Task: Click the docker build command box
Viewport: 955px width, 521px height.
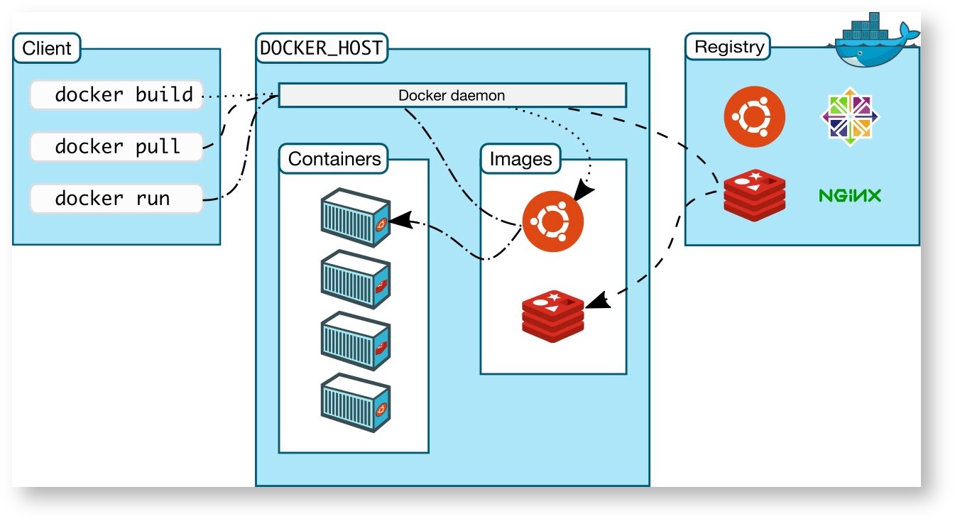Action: (116, 95)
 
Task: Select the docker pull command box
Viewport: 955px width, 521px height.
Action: (116, 146)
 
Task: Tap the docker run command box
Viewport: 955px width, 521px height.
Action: (116, 198)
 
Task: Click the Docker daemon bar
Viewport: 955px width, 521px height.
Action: (452, 95)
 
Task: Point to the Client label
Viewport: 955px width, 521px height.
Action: (47, 49)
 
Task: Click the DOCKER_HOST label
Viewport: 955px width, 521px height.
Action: (321, 48)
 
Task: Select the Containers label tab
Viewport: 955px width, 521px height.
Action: (334, 159)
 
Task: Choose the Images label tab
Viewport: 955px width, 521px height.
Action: (520, 159)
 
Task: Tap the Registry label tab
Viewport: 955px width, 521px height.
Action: (729, 48)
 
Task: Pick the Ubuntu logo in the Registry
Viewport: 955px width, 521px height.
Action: (755, 116)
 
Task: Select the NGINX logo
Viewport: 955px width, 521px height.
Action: (849, 195)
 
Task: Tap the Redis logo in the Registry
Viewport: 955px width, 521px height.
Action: (755, 192)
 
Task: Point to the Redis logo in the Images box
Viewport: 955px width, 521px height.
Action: (552, 315)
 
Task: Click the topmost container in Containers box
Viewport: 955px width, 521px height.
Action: (355, 217)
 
